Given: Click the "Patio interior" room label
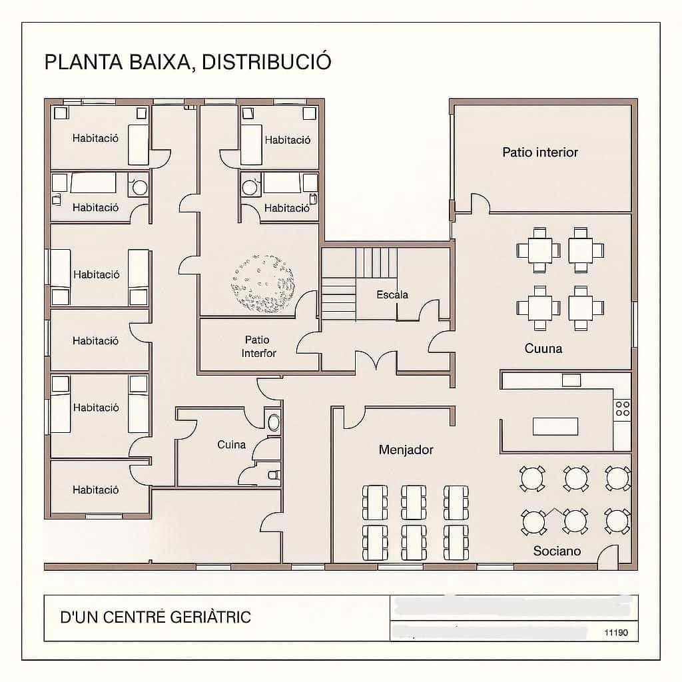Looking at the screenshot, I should [x=539, y=153].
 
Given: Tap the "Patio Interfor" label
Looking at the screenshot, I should [x=258, y=346].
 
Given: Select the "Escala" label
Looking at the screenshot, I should [x=392, y=294].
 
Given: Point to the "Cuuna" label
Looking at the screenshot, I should [x=543, y=348].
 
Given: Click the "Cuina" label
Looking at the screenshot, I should [x=231, y=444].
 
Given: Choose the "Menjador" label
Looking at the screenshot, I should [x=406, y=450].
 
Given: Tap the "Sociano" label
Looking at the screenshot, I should [x=557, y=551].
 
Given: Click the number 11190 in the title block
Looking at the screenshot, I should [x=615, y=633].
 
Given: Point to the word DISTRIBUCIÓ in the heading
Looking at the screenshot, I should [x=266, y=62].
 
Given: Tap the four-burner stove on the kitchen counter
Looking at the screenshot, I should [x=622, y=408].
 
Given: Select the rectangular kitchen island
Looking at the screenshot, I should [x=555, y=426].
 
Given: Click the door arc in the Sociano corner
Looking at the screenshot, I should [x=607, y=558].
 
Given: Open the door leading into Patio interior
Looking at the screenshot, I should [x=480, y=203].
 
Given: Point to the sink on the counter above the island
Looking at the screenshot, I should [x=571, y=380].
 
